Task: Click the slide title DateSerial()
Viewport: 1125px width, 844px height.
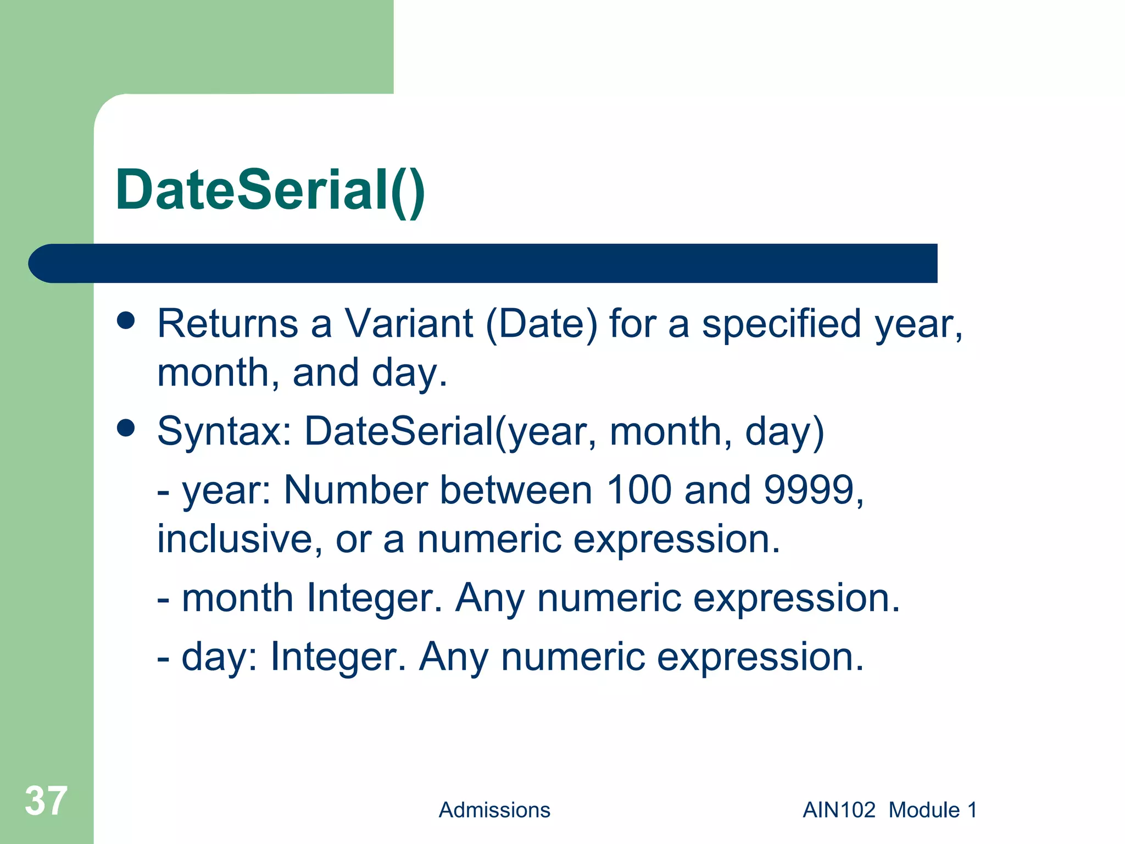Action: (270, 190)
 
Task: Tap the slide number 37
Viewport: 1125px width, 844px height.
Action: (46, 801)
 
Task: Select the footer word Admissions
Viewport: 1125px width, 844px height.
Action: (494, 810)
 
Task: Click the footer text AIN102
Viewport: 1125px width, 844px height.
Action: (839, 810)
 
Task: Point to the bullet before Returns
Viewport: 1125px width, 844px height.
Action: (126, 321)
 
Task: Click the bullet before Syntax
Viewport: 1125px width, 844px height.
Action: (126, 429)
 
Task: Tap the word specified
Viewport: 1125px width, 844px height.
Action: (781, 324)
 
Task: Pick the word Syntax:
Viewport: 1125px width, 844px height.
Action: (225, 432)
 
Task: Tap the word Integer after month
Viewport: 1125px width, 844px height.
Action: (374, 598)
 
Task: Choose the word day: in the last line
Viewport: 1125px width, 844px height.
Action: (219, 657)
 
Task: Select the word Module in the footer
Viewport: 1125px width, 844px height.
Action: (924, 810)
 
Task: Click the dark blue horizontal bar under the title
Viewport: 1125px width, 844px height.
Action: (483, 263)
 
